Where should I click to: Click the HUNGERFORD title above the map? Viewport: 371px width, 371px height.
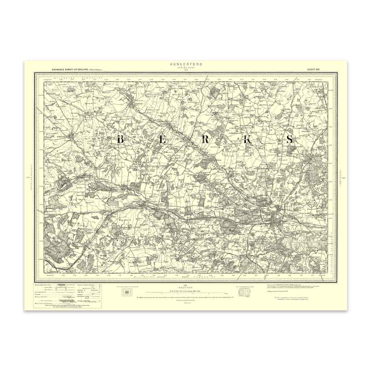coord(186,64)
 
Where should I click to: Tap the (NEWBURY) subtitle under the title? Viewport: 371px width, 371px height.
coord(186,67)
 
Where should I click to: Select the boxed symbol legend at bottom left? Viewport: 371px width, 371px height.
coord(63,295)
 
